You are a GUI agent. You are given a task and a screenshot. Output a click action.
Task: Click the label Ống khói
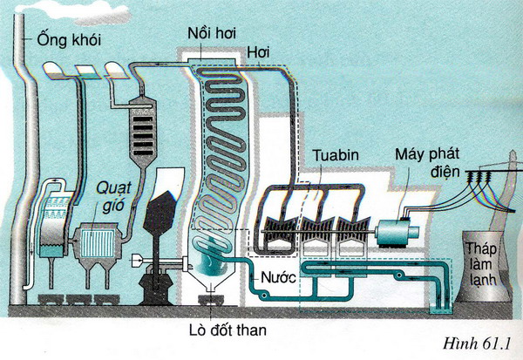click(69, 41)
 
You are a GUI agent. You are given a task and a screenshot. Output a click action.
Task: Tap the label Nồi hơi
click(212, 34)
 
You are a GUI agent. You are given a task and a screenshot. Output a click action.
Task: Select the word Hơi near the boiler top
click(259, 52)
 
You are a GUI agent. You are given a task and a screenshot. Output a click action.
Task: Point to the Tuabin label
click(336, 155)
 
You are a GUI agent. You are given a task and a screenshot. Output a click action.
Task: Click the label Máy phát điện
click(427, 162)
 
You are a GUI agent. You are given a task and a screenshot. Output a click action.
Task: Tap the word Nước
click(279, 277)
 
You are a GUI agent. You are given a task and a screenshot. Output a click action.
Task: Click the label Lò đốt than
click(228, 330)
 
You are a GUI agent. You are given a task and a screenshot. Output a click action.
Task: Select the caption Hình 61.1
click(477, 343)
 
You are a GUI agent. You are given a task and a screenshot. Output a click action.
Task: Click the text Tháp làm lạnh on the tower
click(481, 265)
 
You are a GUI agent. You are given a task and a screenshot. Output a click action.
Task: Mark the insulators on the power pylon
click(479, 176)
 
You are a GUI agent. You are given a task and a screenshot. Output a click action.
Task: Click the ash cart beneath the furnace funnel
click(210, 300)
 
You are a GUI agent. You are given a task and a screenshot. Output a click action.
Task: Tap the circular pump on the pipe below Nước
click(264, 295)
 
